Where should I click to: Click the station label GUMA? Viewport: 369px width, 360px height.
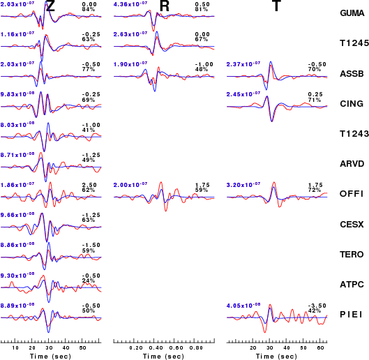tap(352, 13)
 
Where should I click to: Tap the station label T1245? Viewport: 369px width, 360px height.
tap(354, 43)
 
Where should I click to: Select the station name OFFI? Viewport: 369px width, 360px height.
tap(352, 194)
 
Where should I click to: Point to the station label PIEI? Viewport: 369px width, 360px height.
tap(351, 315)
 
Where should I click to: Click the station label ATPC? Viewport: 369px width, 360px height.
tap(352, 285)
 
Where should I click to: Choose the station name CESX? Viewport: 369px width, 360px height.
tap(352, 225)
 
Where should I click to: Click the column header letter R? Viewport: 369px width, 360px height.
tap(164, 6)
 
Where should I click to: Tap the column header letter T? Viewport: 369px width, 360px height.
tap(276, 6)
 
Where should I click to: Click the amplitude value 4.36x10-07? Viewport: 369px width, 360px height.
tap(130, 4)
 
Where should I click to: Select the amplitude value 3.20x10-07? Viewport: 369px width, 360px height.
tap(243, 185)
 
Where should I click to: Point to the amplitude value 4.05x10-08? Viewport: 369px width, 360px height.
tap(243, 306)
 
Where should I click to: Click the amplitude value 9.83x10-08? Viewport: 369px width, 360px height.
tap(17, 94)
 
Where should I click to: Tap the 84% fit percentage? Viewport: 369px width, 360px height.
tap(89, 9)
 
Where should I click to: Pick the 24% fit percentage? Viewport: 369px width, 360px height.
tap(89, 280)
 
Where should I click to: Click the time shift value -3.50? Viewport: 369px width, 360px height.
tap(317, 306)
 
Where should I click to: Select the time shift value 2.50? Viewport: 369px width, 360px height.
tap(89, 185)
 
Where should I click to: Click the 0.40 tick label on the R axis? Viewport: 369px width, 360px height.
tap(156, 348)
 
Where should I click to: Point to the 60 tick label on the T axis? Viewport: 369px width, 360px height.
tap(320, 348)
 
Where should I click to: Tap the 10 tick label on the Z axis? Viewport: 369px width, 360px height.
tap(15, 348)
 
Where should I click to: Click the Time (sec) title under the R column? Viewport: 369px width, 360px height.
tap(163, 357)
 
